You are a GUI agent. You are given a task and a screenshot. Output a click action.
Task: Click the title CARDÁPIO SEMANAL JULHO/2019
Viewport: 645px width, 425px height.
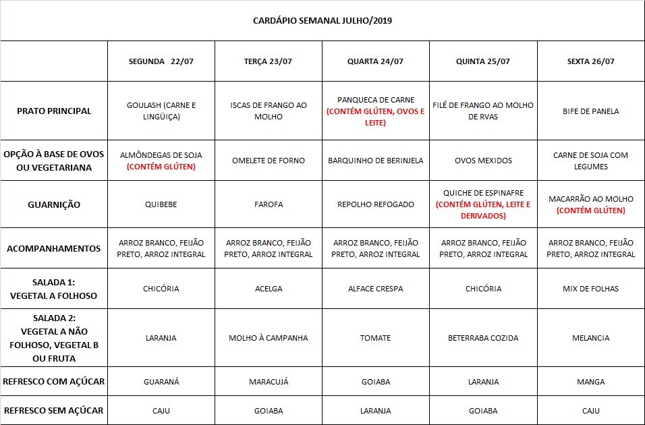click(322, 20)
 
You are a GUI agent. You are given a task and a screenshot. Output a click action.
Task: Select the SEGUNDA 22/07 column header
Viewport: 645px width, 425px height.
click(161, 61)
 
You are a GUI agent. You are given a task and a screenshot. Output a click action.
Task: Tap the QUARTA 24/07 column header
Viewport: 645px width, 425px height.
click(375, 61)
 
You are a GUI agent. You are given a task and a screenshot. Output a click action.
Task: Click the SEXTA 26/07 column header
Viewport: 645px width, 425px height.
click(590, 61)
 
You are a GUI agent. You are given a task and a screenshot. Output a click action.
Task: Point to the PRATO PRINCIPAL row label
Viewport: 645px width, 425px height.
click(54, 111)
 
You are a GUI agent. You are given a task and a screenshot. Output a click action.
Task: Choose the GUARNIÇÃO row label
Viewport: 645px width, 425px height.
click(54, 204)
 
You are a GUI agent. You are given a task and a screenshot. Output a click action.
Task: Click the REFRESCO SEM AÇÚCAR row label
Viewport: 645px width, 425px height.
click(54, 410)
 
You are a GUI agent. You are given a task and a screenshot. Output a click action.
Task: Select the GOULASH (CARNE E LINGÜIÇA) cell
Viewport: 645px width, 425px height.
click(161, 111)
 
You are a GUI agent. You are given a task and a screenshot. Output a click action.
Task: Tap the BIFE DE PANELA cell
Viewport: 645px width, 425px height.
click(590, 111)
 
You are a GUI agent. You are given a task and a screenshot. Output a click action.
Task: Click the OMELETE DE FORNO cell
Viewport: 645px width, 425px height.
click(269, 161)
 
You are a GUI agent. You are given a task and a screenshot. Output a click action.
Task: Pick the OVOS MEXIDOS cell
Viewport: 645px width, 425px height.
click(483, 161)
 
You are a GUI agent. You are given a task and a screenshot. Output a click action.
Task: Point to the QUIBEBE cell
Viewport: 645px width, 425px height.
click(161, 204)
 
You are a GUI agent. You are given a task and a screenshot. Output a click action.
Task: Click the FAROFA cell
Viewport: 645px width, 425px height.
click(269, 204)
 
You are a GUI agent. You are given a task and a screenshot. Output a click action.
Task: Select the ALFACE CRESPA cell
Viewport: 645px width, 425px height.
click(375, 289)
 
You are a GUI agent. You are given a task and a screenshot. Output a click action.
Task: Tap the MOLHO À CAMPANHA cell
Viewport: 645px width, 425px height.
click(269, 338)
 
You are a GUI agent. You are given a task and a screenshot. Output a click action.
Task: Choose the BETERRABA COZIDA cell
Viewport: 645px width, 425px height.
click(483, 338)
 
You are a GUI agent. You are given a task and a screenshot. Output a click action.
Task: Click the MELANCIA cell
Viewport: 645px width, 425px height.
click(590, 338)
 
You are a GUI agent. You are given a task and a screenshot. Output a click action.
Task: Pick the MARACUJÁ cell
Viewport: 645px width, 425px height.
click(269, 382)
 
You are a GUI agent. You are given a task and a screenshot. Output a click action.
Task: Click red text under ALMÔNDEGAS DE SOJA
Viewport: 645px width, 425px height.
click(161, 167)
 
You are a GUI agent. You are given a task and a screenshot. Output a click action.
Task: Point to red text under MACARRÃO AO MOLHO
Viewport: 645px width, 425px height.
click(590, 210)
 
